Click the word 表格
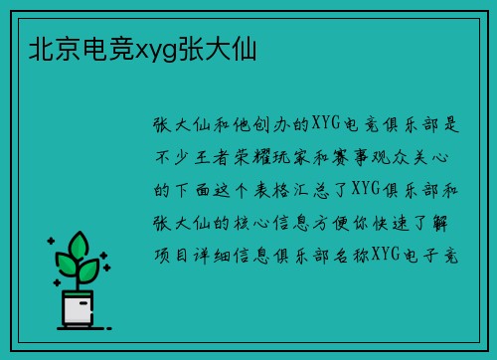pos(276,189)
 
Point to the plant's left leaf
pos(66,265)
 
